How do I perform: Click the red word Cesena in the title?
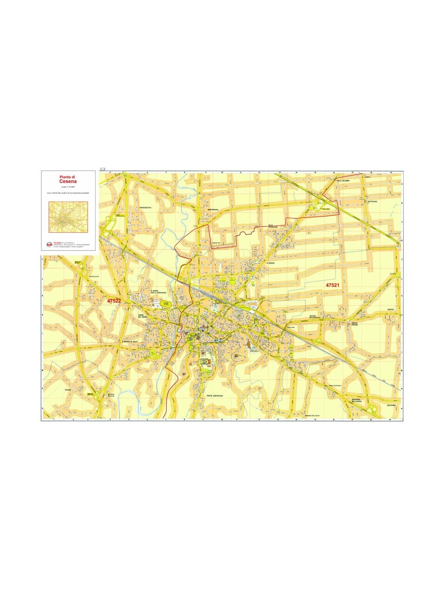[x=68, y=182]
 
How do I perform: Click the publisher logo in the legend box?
[x=49, y=244]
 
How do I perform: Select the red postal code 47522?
[x=114, y=301]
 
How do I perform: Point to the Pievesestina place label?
[x=146, y=208]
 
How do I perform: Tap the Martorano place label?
[x=213, y=210]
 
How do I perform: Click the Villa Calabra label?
[x=343, y=180]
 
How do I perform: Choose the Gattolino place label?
[x=372, y=201]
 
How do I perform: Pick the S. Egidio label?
[x=269, y=263]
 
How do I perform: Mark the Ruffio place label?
[x=391, y=309]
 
